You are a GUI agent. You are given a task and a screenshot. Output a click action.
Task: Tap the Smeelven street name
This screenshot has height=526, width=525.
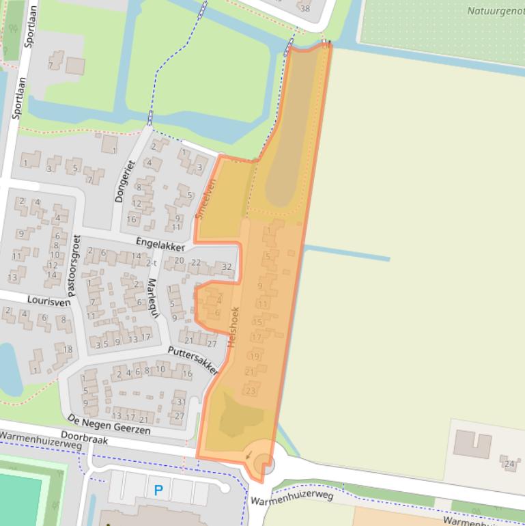[x=205, y=199]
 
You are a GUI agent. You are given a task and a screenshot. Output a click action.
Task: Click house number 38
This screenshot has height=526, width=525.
[x=304, y=8]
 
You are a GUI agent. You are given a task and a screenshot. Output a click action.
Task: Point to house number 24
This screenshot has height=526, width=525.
[x=509, y=465]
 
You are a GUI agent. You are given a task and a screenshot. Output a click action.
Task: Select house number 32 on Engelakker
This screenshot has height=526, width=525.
[x=227, y=266]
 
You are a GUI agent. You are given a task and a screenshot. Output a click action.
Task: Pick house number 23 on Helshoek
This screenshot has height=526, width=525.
[x=250, y=391]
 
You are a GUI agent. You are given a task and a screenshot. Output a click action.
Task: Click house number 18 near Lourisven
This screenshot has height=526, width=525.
[x=67, y=350]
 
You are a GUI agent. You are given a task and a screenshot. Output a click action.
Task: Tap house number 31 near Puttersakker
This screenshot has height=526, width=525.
[x=181, y=402]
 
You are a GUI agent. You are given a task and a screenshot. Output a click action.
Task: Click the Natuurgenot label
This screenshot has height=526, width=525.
[x=495, y=11]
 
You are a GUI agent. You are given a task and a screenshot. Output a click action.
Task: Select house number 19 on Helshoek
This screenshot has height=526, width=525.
[x=254, y=356]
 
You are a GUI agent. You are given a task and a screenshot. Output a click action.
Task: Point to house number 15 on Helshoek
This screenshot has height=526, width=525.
[x=257, y=322]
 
